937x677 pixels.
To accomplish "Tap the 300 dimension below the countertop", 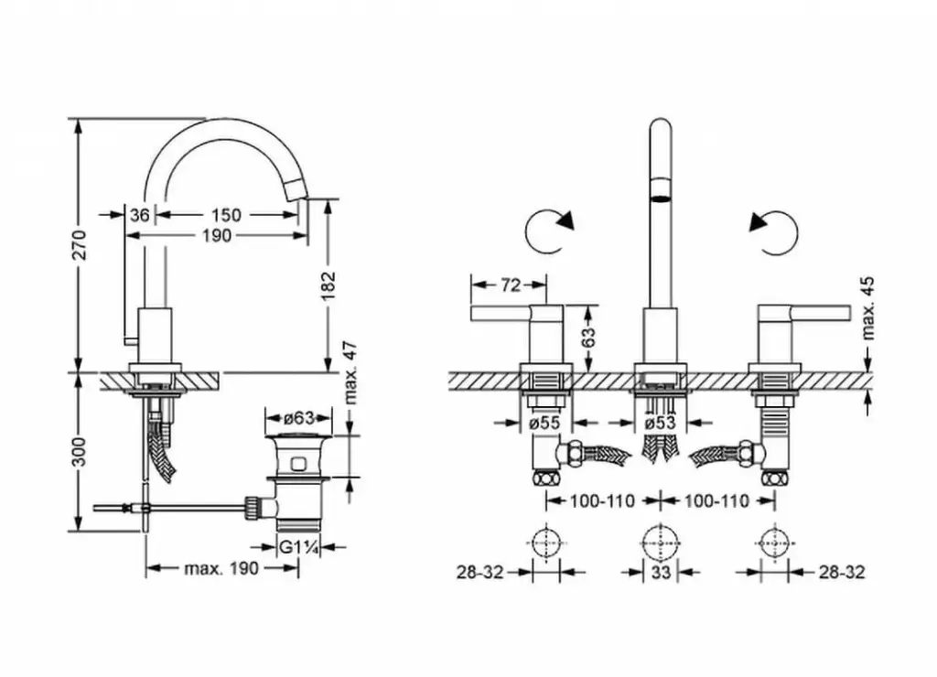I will [x=80, y=451].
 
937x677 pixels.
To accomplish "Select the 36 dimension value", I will [x=139, y=215].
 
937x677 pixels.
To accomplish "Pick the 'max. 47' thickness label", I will [x=349, y=372].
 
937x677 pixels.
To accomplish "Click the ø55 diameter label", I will [x=545, y=423].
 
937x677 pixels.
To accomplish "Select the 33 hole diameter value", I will [x=661, y=573].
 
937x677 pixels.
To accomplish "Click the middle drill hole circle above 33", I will [x=661, y=543].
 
